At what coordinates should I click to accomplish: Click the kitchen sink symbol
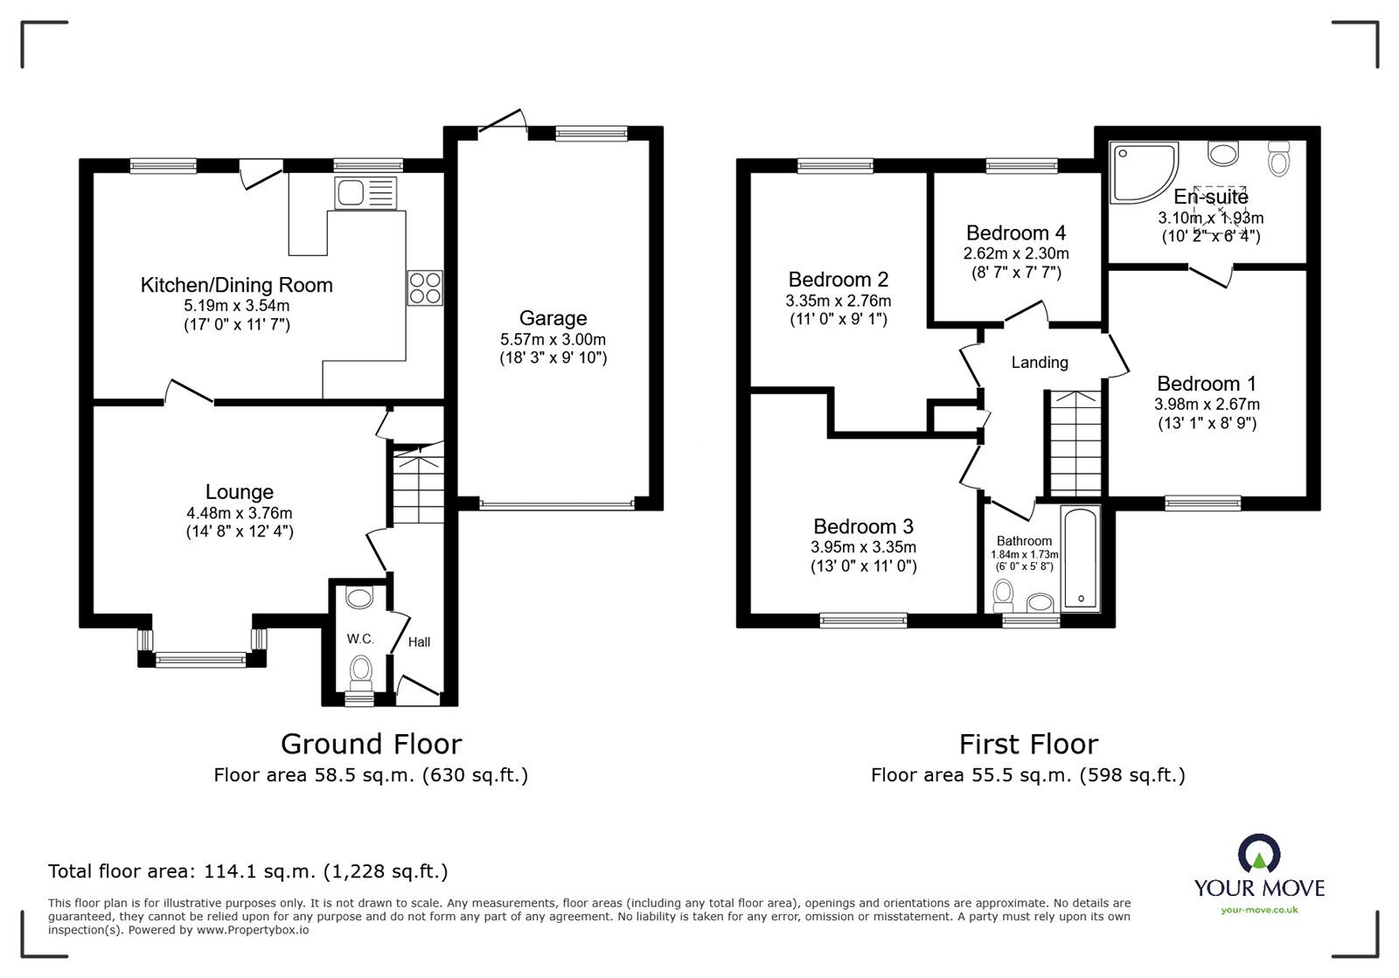pyautogui.click(x=364, y=192)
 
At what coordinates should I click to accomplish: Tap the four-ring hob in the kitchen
pyautogui.click(x=425, y=288)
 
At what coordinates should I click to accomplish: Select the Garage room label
pyautogui.click(x=553, y=318)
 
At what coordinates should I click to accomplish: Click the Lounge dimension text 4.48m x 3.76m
pyautogui.click(x=239, y=513)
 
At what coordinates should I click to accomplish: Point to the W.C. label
pyautogui.click(x=360, y=639)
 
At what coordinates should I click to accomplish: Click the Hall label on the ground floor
pyautogui.click(x=419, y=642)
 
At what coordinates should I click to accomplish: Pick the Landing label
pyautogui.click(x=1040, y=362)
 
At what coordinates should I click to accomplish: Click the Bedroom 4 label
pyautogui.click(x=1016, y=233)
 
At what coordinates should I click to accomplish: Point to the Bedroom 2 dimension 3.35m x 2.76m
pyautogui.click(x=838, y=300)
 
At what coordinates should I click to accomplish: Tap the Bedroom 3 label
pyautogui.click(x=863, y=526)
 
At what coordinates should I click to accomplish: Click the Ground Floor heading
pyautogui.click(x=371, y=744)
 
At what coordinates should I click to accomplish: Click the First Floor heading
pyautogui.click(x=1028, y=744)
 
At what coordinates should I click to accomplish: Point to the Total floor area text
pyautogui.click(x=248, y=871)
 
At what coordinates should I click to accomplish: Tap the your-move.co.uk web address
pyautogui.click(x=1259, y=910)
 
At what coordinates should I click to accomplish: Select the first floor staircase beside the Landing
pyautogui.click(x=1075, y=443)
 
